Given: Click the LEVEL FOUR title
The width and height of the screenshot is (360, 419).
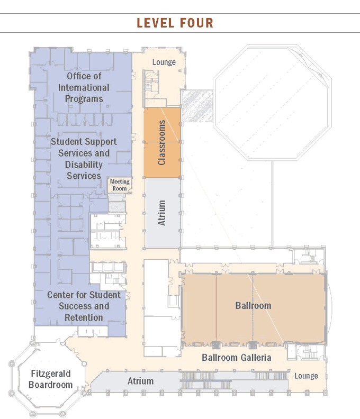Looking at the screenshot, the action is click(x=175, y=23).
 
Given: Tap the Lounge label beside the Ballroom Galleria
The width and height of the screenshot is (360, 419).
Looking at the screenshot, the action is click(x=306, y=376).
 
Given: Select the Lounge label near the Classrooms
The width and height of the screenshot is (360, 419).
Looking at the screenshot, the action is click(x=164, y=62).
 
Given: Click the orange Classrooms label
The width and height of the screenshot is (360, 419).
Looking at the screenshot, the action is click(x=162, y=142).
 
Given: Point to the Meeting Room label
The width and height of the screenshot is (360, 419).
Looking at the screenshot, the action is click(x=120, y=185).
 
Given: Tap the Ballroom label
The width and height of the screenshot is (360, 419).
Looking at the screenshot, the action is click(x=253, y=305).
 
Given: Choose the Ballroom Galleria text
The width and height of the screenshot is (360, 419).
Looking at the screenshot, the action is click(x=237, y=357).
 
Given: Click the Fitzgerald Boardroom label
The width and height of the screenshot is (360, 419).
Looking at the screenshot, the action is click(x=50, y=379).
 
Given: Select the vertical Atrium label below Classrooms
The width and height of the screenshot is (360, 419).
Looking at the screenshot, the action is click(x=161, y=213).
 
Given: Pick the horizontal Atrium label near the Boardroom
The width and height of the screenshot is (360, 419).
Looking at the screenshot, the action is click(x=140, y=381).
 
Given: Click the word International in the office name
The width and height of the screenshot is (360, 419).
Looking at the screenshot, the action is click(x=84, y=87).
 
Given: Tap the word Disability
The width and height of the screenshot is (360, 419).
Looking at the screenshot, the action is click(x=84, y=165).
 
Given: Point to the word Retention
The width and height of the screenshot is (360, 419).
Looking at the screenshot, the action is click(x=84, y=317).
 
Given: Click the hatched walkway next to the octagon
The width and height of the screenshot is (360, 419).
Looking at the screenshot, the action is click(x=197, y=106).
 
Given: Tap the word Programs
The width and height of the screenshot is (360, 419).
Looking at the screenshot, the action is click(x=84, y=99).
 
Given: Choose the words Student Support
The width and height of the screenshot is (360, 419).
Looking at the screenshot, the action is click(x=84, y=142).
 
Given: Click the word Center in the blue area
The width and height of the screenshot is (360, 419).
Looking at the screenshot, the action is click(x=60, y=295).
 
